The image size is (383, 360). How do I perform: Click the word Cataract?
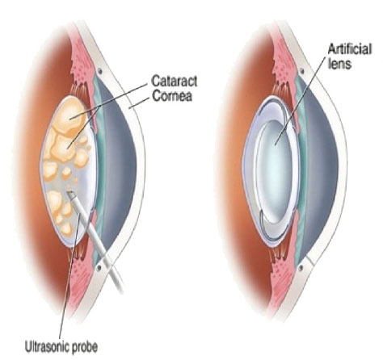pyautogui.click(x=175, y=82)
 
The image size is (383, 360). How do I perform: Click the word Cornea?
pyautogui.click(x=172, y=96)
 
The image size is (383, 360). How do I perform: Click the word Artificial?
pyautogui.click(x=350, y=49)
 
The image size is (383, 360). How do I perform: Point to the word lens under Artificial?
pyautogui.click(x=340, y=64)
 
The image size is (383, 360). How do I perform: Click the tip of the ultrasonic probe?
pyautogui.click(x=70, y=193)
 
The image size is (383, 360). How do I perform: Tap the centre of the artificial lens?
pyautogui.click(x=275, y=169)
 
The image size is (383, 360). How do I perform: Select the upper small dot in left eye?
pyautogui.click(x=100, y=71)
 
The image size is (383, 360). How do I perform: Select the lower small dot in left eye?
pyautogui.click(x=99, y=268)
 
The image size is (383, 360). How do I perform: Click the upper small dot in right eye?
pyautogui.click(x=302, y=71)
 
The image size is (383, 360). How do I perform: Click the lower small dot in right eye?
pyautogui.click(x=301, y=268)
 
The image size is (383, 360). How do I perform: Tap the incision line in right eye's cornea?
pyautogui.click(x=309, y=260)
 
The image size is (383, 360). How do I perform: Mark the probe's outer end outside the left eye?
pyautogui.click(x=121, y=291)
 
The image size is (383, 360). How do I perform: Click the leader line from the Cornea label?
pyautogui.click(x=140, y=103)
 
